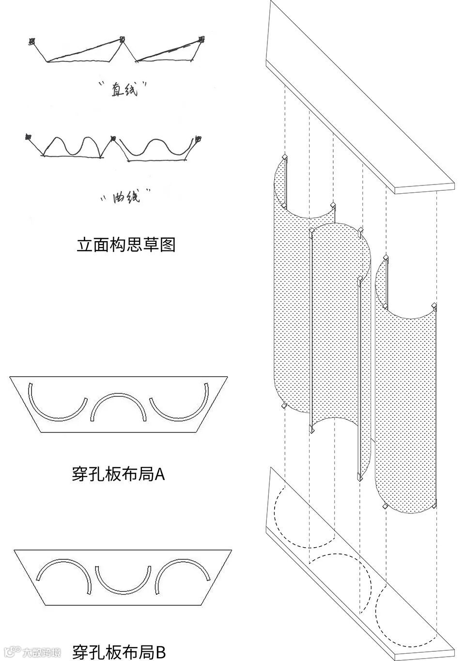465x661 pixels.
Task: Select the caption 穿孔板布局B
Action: [119, 652]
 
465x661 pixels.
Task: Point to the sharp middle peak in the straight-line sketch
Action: [122, 40]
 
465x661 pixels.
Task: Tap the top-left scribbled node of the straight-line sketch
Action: [32, 42]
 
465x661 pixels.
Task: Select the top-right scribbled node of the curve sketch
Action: [199, 139]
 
